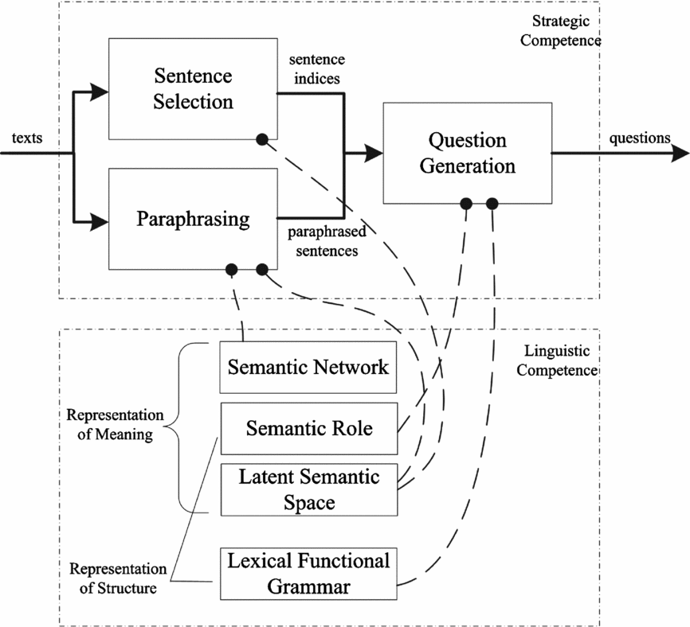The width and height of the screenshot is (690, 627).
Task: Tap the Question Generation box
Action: (x=467, y=153)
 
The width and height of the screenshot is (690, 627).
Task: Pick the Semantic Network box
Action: (x=308, y=368)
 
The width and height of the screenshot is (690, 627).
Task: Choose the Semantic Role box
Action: (x=308, y=428)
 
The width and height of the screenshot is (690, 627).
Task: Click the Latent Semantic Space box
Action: (x=308, y=489)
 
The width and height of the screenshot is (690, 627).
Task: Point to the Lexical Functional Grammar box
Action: (x=308, y=573)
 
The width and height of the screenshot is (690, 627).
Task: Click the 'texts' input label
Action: (x=26, y=139)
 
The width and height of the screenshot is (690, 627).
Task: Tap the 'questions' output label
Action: (x=640, y=138)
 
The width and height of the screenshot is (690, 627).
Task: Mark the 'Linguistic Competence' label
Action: (x=562, y=360)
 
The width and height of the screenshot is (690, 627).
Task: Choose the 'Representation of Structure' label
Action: (x=117, y=578)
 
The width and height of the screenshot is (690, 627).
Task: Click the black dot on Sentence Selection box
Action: (x=261, y=139)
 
